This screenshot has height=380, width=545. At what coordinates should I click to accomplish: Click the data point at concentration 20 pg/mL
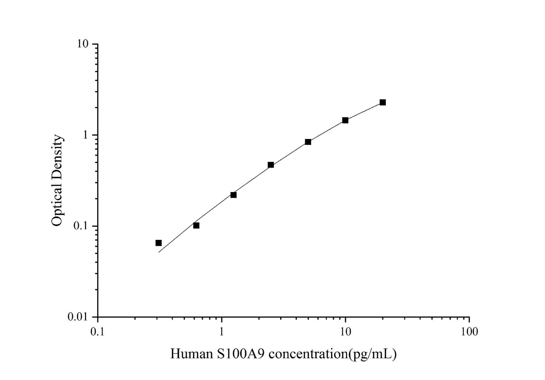tap(382, 102)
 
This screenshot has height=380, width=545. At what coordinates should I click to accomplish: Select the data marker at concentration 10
tap(345, 120)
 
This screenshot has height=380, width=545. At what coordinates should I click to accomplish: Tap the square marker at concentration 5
tap(308, 142)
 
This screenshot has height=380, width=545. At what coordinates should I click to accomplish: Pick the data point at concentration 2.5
tap(270, 165)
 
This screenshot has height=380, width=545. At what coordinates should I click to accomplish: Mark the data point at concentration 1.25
tap(233, 195)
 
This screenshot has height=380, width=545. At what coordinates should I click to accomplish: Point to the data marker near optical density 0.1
tap(196, 225)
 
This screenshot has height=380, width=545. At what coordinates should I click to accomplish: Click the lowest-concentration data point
tap(158, 243)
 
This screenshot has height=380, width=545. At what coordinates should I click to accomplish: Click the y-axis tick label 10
tap(83, 44)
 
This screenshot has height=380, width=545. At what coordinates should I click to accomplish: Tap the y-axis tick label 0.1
tap(81, 226)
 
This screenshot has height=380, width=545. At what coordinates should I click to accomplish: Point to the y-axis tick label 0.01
tap(78, 317)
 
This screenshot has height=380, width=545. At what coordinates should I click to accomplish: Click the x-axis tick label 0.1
tap(98, 331)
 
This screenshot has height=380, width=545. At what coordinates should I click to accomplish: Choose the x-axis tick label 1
tap(221, 331)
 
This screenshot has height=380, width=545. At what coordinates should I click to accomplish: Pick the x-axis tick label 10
tap(345, 331)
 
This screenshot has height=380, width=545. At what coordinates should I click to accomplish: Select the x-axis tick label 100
tap(469, 331)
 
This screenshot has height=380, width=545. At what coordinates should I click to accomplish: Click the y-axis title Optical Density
tap(57, 180)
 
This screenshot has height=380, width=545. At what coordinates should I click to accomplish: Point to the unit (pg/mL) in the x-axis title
tap(373, 354)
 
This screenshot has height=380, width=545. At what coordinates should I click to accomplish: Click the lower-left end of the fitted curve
tap(159, 252)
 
